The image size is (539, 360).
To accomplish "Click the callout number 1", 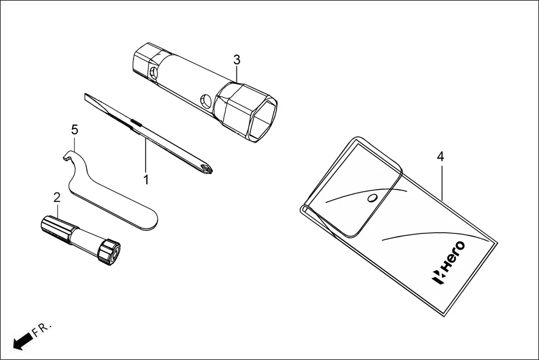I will pyautogui.click(x=146, y=180).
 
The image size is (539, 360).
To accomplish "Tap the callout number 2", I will pyautogui.click(x=56, y=197).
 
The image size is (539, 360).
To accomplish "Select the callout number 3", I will pyautogui.click(x=237, y=59).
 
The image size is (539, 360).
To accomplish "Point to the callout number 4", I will pyautogui.click(x=440, y=157).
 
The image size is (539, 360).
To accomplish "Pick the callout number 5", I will pyautogui.click(x=74, y=130).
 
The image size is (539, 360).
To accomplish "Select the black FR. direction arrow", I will pyautogui.click(x=21, y=340).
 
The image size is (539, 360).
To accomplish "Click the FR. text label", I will pyautogui.click(x=42, y=329).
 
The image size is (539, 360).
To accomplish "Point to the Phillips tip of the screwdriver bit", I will pyautogui.click(x=207, y=166).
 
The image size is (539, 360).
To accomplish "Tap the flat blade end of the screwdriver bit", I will pyautogui.click(x=89, y=99).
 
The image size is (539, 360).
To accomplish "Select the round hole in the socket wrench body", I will pyautogui.click(x=206, y=101).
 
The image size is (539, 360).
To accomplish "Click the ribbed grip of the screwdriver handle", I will pyautogui.click(x=56, y=229).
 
